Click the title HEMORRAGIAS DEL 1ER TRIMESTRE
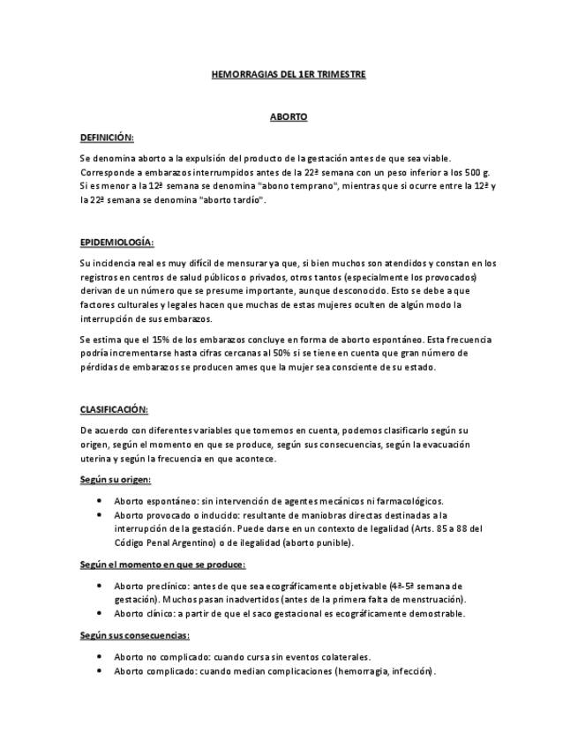click(x=289, y=76)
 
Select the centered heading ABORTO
click(x=289, y=116)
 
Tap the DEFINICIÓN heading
click(x=107, y=138)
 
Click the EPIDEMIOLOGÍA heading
click(x=116, y=242)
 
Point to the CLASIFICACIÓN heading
click(x=114, y=409)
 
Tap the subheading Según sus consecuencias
click(x=134, y=635)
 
